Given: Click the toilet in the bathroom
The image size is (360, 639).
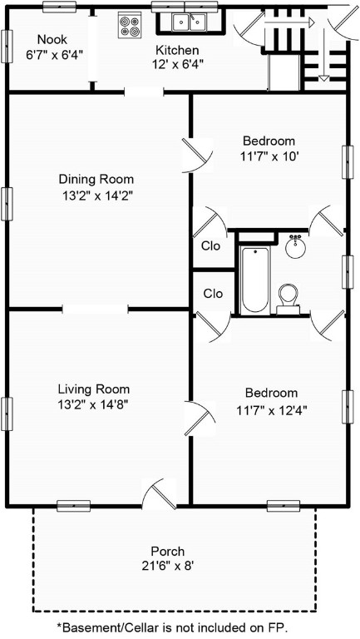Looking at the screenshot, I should [x=288, y=296].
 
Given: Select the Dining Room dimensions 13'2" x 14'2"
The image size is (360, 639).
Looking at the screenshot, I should [x=96, y=196].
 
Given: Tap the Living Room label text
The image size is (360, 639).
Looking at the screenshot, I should [x=93, y=389].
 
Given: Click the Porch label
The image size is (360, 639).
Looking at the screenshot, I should [x=167, y=551].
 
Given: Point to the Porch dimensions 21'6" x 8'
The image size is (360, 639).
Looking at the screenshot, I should [x=167, y=566].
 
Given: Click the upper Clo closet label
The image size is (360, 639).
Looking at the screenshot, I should [x=213, y=245].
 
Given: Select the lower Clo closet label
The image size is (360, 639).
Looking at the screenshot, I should [x=213, y=294].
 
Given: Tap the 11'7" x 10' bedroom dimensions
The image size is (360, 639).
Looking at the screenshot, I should [x=269, y=156].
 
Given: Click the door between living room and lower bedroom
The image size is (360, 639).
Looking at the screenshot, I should [x=198, y=416].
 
